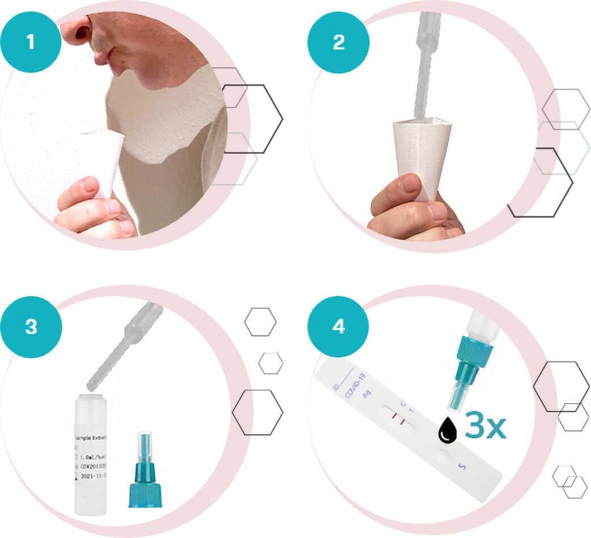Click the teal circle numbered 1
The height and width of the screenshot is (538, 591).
tap(31, 43)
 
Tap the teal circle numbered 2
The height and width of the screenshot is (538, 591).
tap(338, 43)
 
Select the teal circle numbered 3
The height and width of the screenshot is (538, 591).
tap(31, 327)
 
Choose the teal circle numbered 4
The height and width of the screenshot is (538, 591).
tap(338, 327)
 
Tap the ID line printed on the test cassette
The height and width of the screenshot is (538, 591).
tap(341, 376)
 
